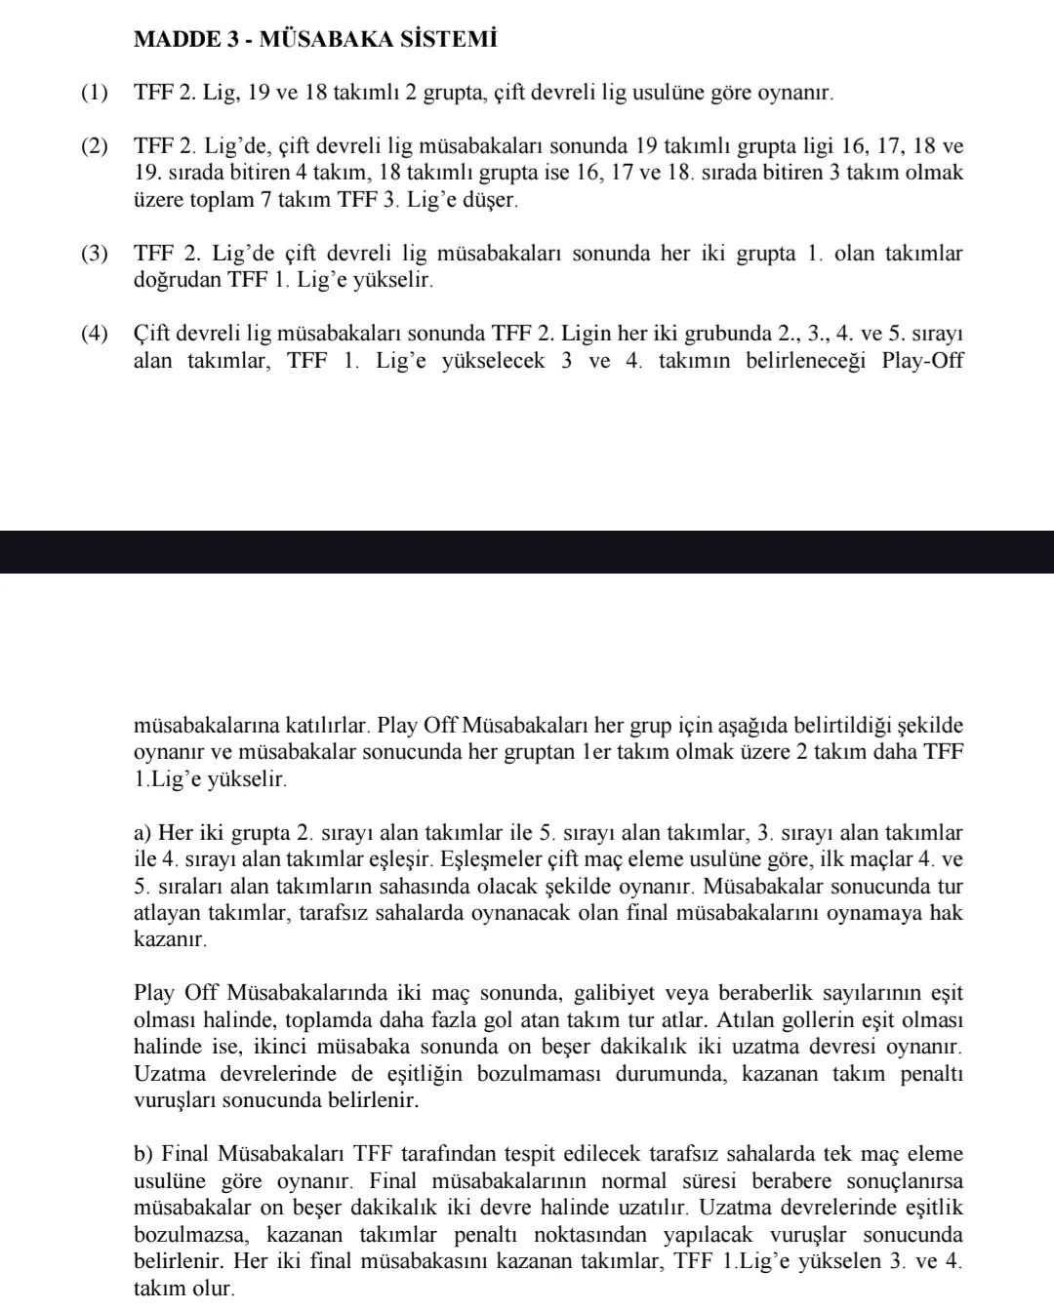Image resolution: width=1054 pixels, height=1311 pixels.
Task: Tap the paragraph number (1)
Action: [x=96, y=94]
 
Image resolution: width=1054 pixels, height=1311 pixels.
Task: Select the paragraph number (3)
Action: [x=96, y=255]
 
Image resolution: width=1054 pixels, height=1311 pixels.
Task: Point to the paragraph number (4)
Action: [x=96, y=335]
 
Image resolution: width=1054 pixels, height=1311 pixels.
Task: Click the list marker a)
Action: [x=142, y=833]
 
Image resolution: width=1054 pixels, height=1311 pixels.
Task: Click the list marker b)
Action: [x=143, y=1155]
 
